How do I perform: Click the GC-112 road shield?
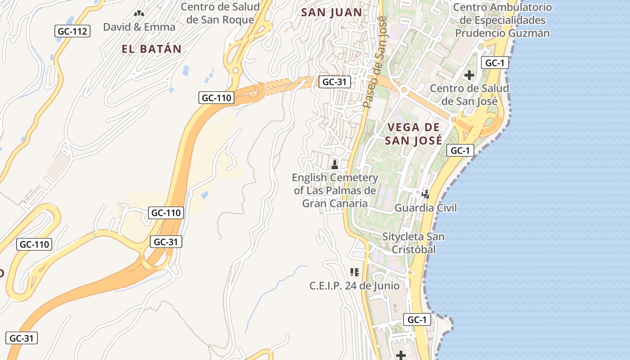click(x=72, y=31)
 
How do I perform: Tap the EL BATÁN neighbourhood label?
click(x=151, y=49)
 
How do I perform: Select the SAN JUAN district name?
click(x=332, y=12)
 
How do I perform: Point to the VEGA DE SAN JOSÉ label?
click(x=413, y=133)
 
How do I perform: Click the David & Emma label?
click(x=139, y=27)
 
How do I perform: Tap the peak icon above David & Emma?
click(x=139, y=13)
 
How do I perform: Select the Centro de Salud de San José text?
click(x=469, y=94)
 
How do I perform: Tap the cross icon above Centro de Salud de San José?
click(x=469, y=75)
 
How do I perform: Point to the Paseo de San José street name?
click(x=376, y=63)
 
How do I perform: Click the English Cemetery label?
click(x=335, y=190)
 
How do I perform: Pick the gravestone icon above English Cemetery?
click(x=335, y=164)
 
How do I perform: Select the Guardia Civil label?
click(x=425, y=207)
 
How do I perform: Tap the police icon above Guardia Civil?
click(x=425, y=194)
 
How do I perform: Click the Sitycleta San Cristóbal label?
click(x=413, y=243)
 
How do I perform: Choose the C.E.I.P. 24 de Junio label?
click(x=354, y=285)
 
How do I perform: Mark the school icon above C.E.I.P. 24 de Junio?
click(x=354, y=272)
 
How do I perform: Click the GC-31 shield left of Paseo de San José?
click(x=334, y=82)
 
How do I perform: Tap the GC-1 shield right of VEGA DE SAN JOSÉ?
click(x=460, y=150)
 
